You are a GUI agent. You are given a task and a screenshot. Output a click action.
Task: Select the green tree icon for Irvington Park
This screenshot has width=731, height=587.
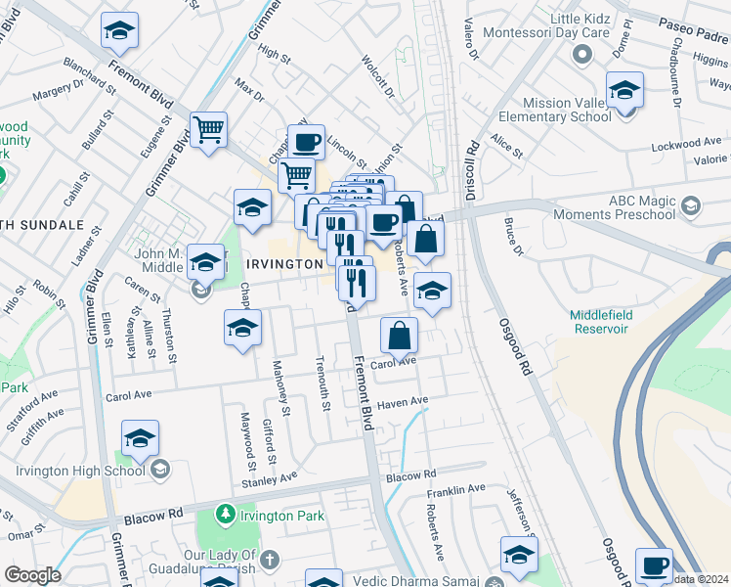point(225,513)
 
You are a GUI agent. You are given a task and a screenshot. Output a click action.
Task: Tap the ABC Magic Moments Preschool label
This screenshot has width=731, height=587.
point(615,206)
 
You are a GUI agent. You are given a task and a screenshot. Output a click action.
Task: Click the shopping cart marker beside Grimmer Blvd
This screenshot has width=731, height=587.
point(207,129)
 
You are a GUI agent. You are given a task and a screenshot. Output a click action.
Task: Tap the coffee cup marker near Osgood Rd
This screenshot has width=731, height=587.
point(654,565)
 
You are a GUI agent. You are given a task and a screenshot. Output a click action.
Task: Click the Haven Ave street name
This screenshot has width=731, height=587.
point(404,402)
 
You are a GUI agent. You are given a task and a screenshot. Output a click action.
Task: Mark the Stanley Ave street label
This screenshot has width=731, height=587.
point(270,479)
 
